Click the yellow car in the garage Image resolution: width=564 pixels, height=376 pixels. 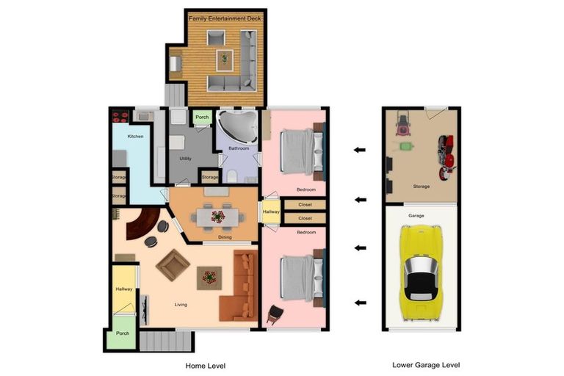tap(421, 273)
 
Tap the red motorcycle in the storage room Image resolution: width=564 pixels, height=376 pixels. tap(446, 157)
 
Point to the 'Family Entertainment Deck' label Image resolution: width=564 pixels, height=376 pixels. tap(225, 18)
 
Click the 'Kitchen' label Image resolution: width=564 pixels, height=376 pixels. tap(136, 137)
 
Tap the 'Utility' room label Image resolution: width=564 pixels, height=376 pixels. tap(186, 159)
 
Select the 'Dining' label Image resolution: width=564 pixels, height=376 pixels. tap(225, 237)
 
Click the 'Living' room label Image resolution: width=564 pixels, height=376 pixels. tap(181, 304)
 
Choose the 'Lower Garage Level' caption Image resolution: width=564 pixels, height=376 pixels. tap(426, 365)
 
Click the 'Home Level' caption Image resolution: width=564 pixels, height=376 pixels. tap(206, 366)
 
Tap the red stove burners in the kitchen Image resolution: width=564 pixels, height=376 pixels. tap(120, 116)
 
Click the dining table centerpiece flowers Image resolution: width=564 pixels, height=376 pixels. tap(218, 217)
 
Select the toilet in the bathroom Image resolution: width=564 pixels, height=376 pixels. tap(232, 176)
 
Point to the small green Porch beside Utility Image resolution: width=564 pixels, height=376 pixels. tap(202, 117)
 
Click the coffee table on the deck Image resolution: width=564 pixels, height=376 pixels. tap(225, 59)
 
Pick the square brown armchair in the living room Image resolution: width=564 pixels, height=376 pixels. tap(173, 264)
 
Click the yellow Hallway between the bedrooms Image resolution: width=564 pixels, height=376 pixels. tap(271, 212)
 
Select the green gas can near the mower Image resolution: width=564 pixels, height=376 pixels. tap(406, 146)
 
